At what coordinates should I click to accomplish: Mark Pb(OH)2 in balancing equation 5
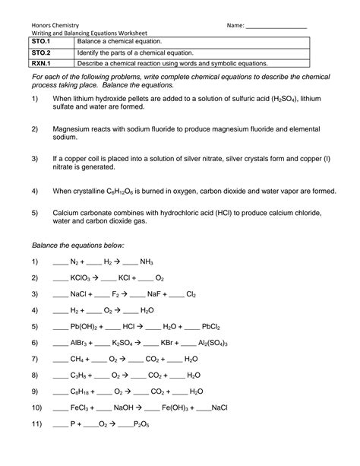click(x=87, y=327)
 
